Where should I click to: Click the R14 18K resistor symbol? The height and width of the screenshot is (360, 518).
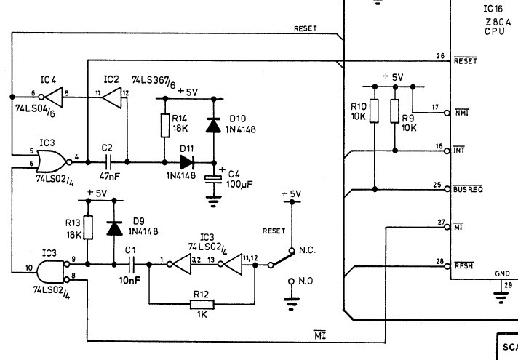click(x=165, y=126)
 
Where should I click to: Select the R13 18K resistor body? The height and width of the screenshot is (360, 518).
click(x=88, y=228)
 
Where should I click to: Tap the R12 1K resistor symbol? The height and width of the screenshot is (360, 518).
click(x=202, y=304)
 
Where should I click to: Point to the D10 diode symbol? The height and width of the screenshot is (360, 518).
click(x=213, y=125)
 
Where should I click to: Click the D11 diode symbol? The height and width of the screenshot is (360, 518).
click(x=187, y=162)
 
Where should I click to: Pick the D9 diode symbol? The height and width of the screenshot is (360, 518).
click(x=114, y=228)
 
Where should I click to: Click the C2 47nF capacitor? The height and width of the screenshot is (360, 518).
click(x=108, y=162)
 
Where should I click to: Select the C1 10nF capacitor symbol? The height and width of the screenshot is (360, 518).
click(x=131, y=265)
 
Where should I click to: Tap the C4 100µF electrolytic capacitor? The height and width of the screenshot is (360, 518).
click(x=213, y=179)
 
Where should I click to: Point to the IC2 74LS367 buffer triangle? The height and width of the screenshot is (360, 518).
click(x=112, y=97)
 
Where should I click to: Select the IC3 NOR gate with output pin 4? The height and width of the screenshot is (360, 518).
click(x=54, y=161)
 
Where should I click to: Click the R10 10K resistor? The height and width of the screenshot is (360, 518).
click(x=374, y=111)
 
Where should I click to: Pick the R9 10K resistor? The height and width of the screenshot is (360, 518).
click(x=395, y=111)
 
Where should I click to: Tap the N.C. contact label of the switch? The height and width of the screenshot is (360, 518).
click(x=307, y=250)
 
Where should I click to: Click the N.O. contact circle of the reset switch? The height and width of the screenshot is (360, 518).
click(x=291, y=281)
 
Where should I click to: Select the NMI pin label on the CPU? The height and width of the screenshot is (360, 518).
click(x=462, y=113)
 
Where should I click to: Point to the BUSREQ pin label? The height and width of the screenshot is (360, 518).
click(x=468, y=188)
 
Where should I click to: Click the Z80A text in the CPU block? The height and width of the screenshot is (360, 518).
click(x=498, y=22)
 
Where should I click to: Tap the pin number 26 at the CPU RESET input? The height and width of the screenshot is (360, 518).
click(x=440, y=56)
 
